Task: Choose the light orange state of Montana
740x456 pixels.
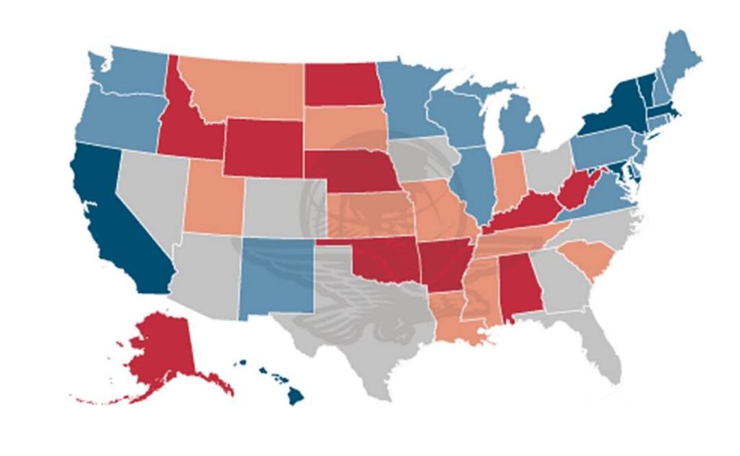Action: pyautogui.click(x=246, y=89)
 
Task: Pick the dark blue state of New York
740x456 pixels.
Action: pyautogui.click(x=613, y=113)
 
